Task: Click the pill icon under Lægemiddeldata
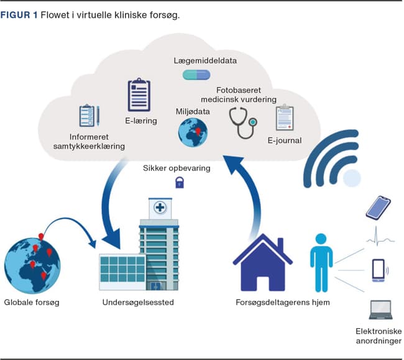click(197, 75)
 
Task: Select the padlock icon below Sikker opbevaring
click(180, 182)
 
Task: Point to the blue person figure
click(320, 261)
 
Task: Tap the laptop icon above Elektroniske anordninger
click(380, 308)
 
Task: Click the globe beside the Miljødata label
click(192, 132)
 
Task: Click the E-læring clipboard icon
click(139, 95)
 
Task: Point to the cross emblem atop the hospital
click(160, 208)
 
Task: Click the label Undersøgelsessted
click(138, 303)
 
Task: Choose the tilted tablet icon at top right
click(378, 207)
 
